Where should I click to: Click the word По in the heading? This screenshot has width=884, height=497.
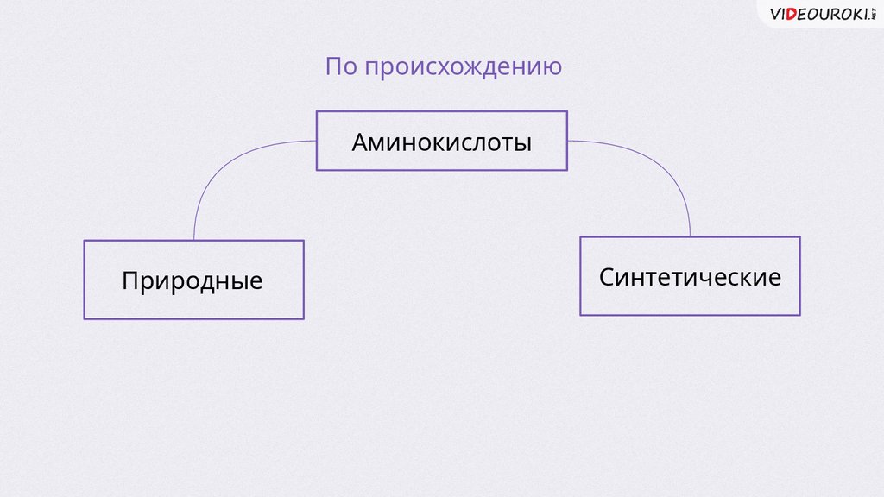coord(341,67)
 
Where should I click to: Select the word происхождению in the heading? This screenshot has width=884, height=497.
coord(463,68)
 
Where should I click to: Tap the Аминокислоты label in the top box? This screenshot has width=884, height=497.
coord(441,142)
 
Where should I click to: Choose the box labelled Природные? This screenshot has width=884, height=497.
coord(193,280)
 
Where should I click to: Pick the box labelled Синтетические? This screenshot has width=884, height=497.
coord(690,276)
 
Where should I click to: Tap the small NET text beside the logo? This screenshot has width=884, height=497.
coord(874,13)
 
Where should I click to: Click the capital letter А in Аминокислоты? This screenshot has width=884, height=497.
coord(361,142)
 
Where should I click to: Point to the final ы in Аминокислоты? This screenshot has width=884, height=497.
coord(522,144)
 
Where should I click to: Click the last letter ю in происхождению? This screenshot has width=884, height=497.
coord(553,68)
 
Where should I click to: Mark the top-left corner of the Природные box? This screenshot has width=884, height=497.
coord(85,241)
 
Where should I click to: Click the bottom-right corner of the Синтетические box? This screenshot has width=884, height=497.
coord(799,314)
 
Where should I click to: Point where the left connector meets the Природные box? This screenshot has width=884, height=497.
coord(193,240)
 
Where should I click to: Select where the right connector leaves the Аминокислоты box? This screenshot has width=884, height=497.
coord(567,141)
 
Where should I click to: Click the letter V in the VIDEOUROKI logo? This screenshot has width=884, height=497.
coord(775,14)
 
